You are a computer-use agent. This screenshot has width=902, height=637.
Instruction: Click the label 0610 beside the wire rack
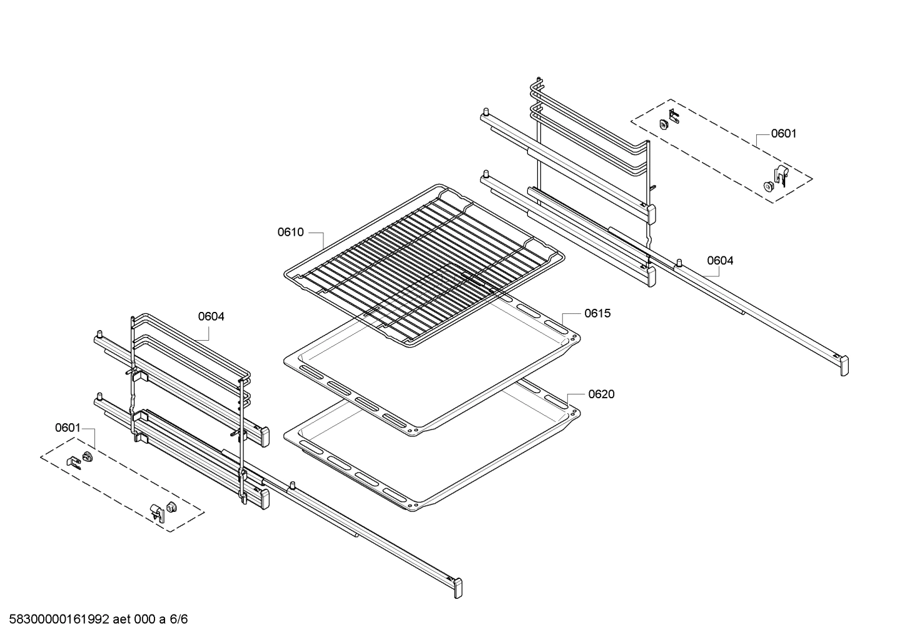(x=290, y=233)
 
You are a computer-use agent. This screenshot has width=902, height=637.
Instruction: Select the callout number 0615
(x=597, y=313)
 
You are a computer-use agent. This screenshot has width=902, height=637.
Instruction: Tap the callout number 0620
(x=600, y=394)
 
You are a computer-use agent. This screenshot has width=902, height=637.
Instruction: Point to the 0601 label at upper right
(x=783, y=133)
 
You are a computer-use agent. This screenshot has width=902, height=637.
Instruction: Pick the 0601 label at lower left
(x=68, y=428)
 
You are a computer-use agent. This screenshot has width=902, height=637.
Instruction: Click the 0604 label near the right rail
(x=720, y=261)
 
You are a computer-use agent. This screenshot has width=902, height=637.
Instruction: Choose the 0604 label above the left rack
(x=211, y=316)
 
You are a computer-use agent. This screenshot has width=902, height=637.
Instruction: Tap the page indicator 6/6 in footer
(x=179, y=620)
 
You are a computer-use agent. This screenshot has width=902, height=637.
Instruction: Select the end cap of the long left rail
(x=459, y=588)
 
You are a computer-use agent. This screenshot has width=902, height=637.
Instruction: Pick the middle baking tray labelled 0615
(x=432, y=369)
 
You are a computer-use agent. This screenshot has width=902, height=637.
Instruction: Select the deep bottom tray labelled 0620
(x=432, y=450)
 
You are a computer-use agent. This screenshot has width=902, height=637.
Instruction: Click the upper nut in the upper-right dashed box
(x=664, y=124)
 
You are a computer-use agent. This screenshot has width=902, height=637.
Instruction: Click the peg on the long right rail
(x=678, y=261)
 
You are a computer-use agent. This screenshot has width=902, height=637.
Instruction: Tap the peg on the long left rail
(x=292, y=485)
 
